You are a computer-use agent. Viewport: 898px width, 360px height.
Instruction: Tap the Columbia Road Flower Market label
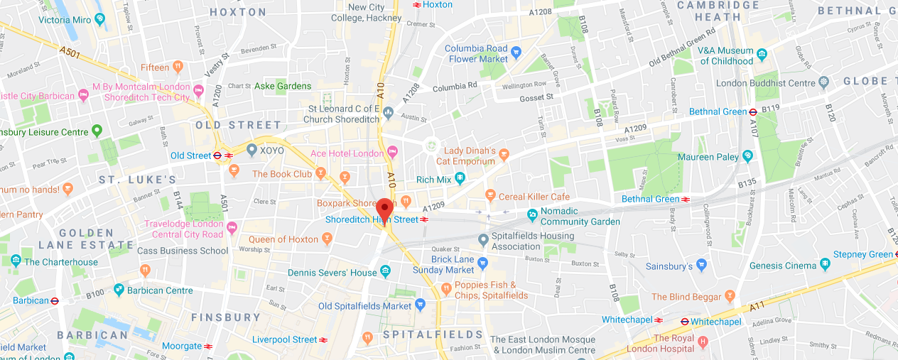click(x=476, y=54)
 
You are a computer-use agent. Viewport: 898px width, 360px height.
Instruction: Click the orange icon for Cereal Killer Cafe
click(x=489, y=195)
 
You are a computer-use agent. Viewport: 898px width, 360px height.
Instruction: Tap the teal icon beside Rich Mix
click(x=460, y=179)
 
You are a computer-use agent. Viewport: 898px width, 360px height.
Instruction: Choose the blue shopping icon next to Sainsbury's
click(x=702, y=266)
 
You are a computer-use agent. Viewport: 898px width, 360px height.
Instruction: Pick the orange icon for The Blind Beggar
click(x=729, y=296)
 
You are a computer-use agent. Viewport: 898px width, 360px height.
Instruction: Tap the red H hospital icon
click(x=703, y=342)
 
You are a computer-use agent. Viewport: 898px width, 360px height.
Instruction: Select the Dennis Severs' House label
click(x=332, y=273)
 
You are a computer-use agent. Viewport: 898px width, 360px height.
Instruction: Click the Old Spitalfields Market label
click(x=364, y=306)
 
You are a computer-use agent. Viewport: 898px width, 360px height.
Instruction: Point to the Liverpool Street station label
click(x=284, y=339)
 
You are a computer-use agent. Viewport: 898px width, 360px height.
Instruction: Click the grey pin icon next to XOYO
click(x=251, y=151)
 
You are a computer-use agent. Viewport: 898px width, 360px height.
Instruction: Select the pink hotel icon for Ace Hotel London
click(x=392, y=153)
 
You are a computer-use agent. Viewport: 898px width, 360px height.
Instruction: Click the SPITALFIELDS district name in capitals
click(x=433, y=334)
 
